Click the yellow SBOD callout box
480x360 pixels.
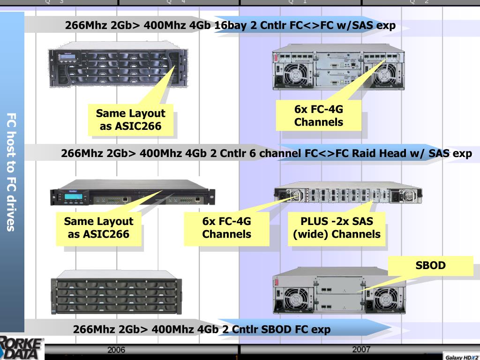coord(430,266)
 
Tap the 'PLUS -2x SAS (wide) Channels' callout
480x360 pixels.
coord(337,227)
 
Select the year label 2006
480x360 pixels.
coord(116,350)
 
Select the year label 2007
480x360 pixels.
coord(361,349)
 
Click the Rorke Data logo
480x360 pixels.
coord(22,347)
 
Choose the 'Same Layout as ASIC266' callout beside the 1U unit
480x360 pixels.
coord(98,227)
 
